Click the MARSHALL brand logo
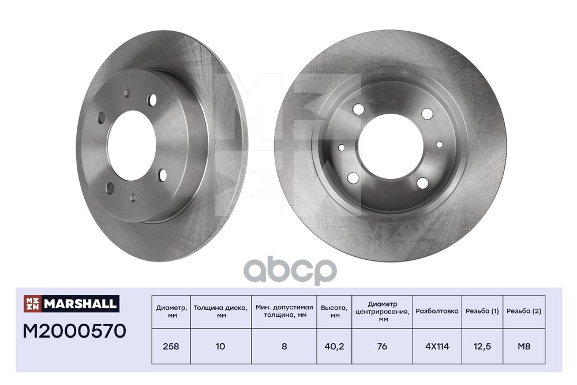pos(72,304)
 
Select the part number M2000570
pos(74,331)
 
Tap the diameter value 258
pos(171,346)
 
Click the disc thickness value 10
pos(220,346)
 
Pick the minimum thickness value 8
pos(284,346)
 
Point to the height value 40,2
pos(334,346)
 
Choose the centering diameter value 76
pos(382,346)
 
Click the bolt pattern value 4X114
pos(437,346)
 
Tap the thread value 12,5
pos(482,346)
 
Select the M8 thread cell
pos(524,346)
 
